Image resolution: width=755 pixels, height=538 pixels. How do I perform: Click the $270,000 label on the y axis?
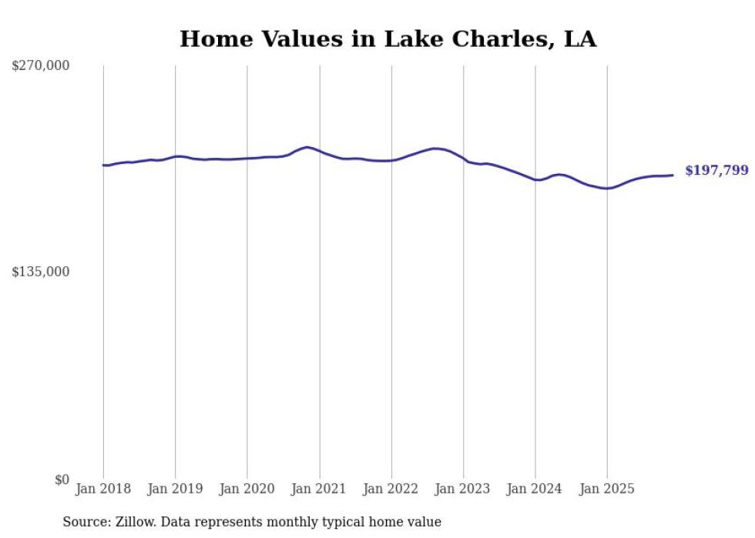(40, 66)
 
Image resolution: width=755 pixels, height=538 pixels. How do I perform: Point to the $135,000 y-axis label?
(40, 272)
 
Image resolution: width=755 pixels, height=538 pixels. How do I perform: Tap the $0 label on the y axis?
(62, 480)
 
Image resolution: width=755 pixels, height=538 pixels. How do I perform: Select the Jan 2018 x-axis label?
(103, 489)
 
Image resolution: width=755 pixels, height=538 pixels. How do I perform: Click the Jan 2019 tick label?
(175, 489)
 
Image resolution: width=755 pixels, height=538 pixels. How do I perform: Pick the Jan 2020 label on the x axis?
(247, 489)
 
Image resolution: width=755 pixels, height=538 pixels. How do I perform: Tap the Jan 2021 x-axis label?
(319, 489)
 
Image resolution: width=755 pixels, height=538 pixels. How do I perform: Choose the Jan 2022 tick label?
(391, 489)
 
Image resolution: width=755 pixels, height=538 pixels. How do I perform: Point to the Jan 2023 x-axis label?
(463, 489)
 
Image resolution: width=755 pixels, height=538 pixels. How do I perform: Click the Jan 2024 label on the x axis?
(535, 489)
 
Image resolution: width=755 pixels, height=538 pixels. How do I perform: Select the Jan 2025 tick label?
(607, 489)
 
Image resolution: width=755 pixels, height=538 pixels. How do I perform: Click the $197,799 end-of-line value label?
(716, 170)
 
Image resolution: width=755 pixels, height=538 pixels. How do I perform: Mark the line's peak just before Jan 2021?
(307, 147)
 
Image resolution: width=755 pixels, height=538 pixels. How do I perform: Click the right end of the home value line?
(673, 175)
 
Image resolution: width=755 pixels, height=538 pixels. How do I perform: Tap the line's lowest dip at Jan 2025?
(607, 188)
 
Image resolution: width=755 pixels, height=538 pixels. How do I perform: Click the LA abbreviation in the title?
(580, 39)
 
